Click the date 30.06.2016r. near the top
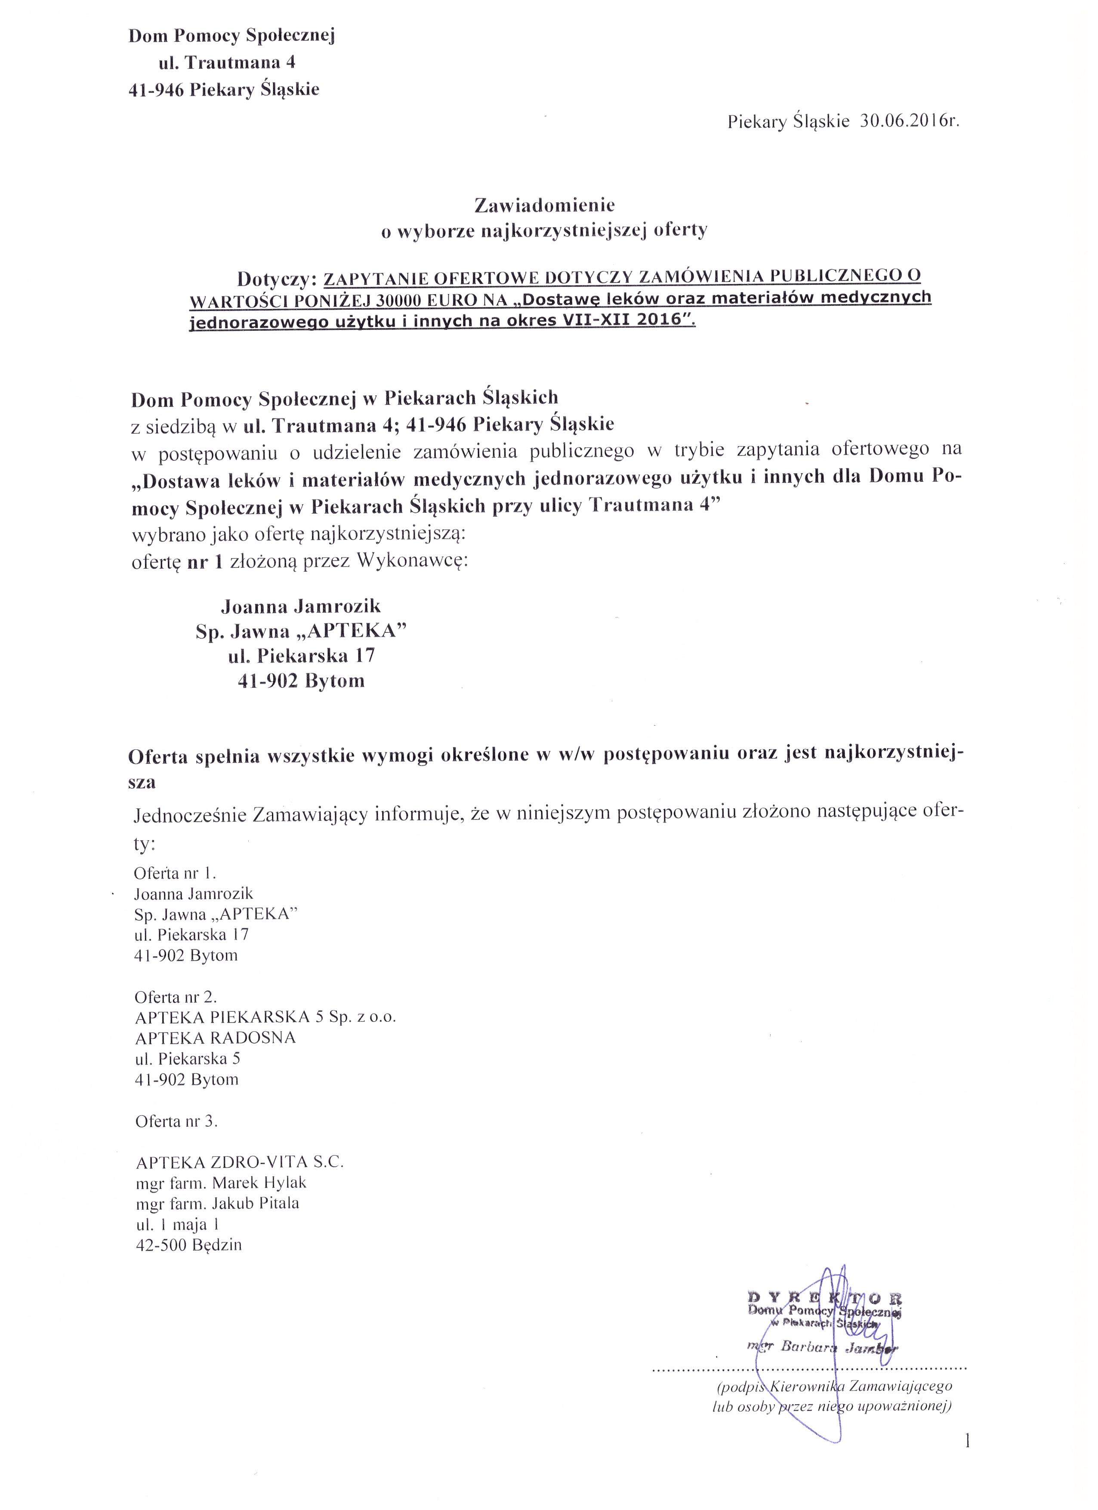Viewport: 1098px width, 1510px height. (910, 121)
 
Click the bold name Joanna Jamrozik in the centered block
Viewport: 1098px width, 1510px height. (301, 606)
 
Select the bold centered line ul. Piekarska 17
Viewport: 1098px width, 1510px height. (301, 656)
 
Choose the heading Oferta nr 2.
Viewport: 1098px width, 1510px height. (176, 997)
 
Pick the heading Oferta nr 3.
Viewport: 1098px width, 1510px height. (176, 1121)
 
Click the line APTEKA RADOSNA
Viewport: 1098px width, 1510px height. (215, 1038)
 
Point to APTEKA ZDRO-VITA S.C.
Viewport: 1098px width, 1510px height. (240, 1162)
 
